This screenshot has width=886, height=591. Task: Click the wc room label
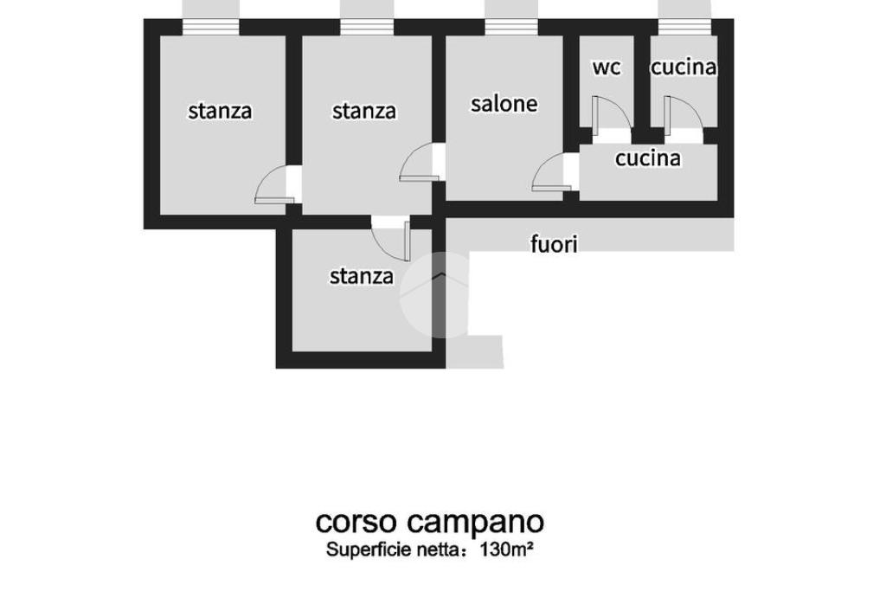point(607,67)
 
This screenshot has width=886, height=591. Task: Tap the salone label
point(504,103)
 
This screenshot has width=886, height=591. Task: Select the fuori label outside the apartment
point(554,244)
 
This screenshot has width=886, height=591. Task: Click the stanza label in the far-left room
point(220,111)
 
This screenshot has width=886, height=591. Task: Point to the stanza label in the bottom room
point(362,276)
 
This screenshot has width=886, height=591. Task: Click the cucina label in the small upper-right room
point(684,67)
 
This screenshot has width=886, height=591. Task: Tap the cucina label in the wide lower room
point(647,158)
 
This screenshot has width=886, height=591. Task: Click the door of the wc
point(611,116)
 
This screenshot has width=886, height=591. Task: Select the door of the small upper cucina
point(684,116)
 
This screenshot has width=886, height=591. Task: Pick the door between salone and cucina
point(548,172)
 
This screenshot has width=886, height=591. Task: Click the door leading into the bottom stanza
point(391,239)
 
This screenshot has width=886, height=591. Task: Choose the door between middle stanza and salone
point(419,162)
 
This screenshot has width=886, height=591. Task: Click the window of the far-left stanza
point(211,27)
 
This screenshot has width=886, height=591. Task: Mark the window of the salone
point(511,27)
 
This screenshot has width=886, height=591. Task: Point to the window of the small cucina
point(684,27)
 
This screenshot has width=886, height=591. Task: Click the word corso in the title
point(356,523)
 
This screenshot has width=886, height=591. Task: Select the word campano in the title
point(476,524)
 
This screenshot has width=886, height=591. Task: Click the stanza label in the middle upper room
point(364,111)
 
